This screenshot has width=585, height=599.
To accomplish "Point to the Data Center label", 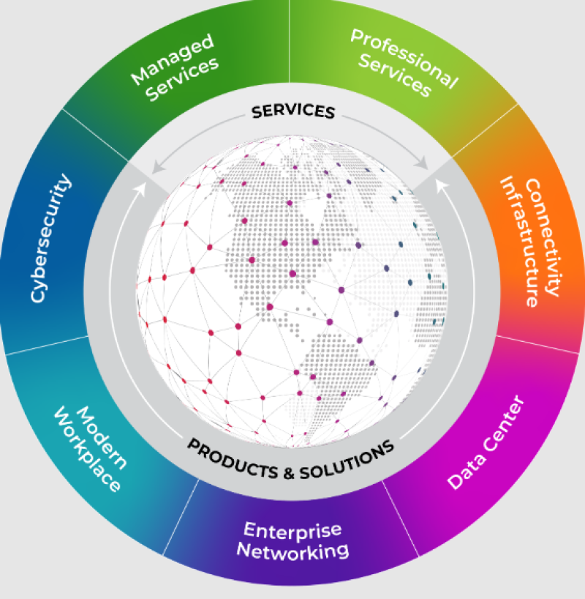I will pos(486,443).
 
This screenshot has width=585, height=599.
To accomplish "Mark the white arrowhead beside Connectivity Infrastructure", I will pos(441,187).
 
